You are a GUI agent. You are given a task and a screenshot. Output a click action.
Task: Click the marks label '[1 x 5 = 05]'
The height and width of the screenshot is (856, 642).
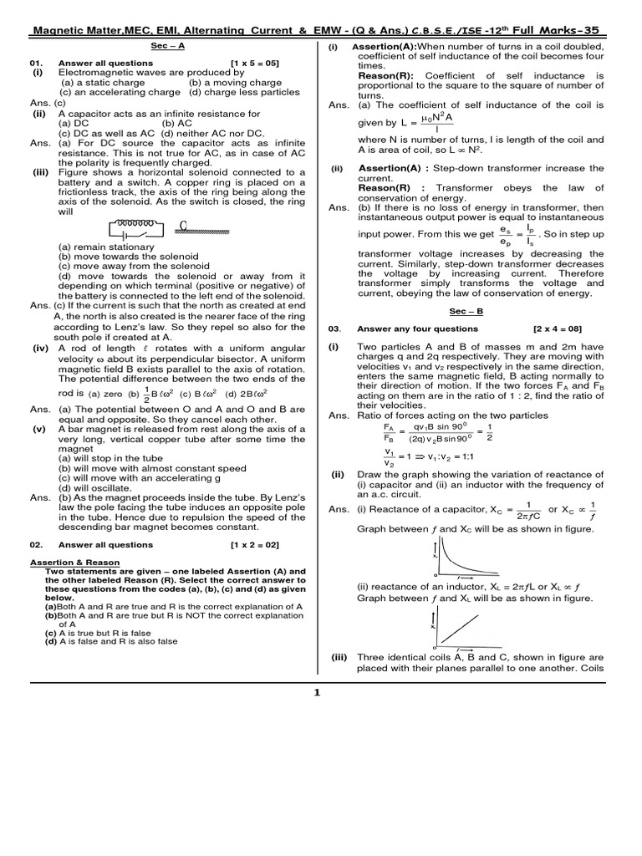pyautogui.click(x=255, y=63)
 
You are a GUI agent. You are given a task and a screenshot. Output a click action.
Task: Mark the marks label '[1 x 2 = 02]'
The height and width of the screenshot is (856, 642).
pyautogui.click(x=255, y=544)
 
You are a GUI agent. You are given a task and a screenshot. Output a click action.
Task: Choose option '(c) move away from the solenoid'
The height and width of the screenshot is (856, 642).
pyautogui.click(x=122, y=266)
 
